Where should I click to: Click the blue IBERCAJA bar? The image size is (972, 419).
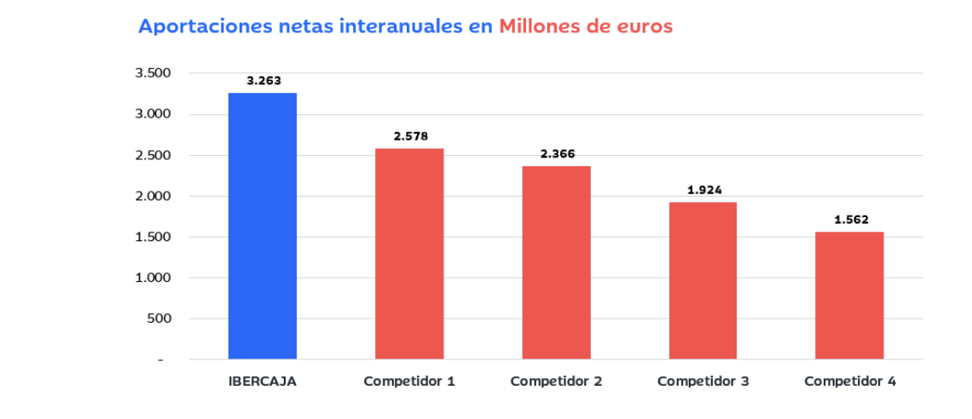(263, 226)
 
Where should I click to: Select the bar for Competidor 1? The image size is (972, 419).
(409, 254)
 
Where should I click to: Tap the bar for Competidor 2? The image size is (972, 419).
(556, 262)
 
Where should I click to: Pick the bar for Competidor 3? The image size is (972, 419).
(703, 280)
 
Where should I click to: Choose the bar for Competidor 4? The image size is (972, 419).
(849, 295)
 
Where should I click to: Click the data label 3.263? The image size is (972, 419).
(263, 81)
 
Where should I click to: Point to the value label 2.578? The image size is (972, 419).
(410, 136)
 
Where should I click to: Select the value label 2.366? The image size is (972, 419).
(558, 154)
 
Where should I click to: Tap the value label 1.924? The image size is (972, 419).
(704, 190)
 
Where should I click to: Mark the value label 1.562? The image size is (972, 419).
(851, 220)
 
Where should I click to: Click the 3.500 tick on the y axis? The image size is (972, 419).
(153, 73)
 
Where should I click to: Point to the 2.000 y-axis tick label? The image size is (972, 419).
(153, 196)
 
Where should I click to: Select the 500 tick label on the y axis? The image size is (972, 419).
(160, 319)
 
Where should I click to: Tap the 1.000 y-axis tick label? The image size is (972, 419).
(153, 278)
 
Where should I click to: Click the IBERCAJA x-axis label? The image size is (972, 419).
(263, 382)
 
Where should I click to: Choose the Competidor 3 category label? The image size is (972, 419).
(703, 382)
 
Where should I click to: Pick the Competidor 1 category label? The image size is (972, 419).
(409, 382)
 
